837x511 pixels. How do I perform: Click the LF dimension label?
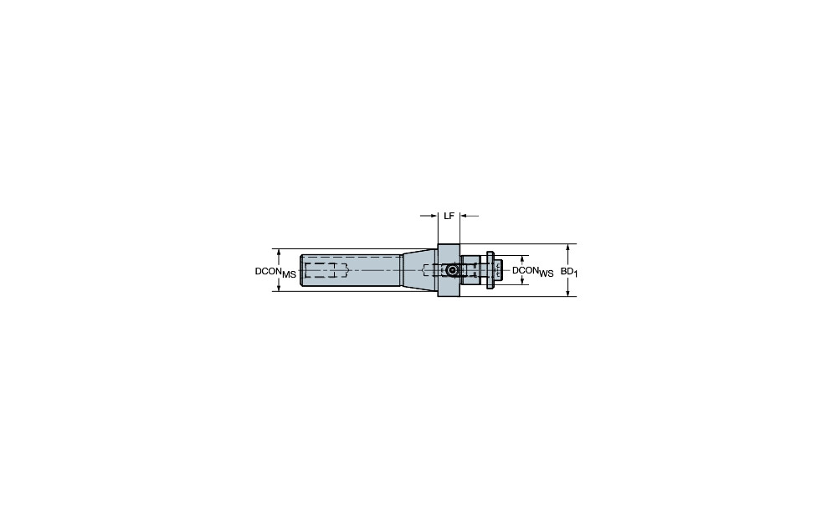click(x=449, y=216)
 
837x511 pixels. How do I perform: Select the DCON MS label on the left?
click(x=275, y=272)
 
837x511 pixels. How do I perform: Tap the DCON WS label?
click(x=532, y=272)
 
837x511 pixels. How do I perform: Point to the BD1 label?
click(x=569, y=272)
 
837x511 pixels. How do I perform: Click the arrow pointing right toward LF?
click(x=429, y=216)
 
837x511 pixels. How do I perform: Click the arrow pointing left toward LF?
click(x=470, y=216)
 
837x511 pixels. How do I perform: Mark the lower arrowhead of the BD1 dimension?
click(x=568, y=292)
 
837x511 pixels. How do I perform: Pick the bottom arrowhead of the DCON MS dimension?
click(x=279, y=287)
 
